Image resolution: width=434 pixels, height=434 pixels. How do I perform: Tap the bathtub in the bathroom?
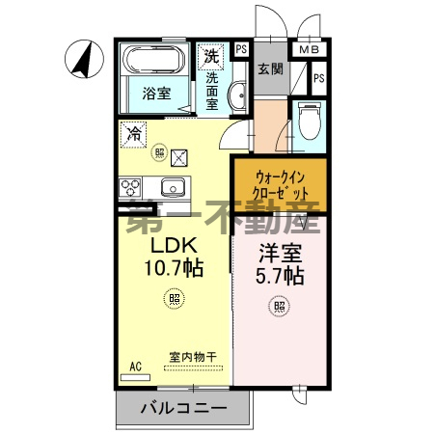(154, 60)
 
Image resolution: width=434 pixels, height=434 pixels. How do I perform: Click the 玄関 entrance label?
(269, 69)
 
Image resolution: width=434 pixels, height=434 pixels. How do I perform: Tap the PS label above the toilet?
(318, 78)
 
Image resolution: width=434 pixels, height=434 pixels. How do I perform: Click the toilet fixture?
(309, 120)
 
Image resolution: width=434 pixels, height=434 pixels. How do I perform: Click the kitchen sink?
(175, 186)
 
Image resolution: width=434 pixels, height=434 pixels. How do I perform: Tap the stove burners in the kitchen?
(131, 186)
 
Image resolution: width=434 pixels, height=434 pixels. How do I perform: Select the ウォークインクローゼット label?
(281, 184)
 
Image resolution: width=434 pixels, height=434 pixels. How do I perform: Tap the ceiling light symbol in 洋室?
(279, 308)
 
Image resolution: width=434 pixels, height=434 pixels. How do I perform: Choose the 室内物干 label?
(193, 357)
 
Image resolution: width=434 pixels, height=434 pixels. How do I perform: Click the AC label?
(134, 367)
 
